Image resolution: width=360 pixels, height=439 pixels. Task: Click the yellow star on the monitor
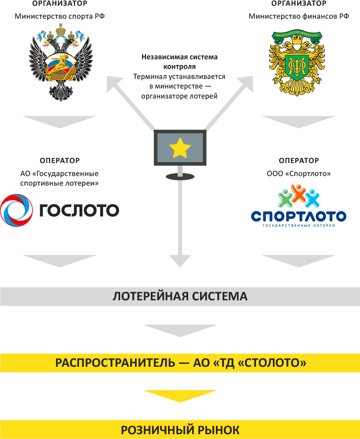(180, 148)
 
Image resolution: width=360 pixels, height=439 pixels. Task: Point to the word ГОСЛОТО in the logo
(79, 210)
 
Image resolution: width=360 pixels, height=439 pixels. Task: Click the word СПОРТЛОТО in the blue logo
(298, 216)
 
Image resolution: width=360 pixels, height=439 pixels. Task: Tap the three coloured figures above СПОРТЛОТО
(298, 196)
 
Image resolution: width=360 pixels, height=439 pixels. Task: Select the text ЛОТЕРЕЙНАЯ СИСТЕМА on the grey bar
(180, 296)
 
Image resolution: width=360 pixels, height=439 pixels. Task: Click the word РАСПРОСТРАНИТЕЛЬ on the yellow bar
(115, 363)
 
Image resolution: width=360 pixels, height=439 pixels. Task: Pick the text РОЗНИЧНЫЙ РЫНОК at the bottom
(180, 429)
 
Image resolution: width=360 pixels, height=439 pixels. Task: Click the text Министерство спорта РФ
(60, 16)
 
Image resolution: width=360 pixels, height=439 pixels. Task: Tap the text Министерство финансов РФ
(299, 16)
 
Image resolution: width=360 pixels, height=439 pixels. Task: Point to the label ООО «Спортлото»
(299, 174)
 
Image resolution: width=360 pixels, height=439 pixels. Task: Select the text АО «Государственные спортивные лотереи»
(60, 178)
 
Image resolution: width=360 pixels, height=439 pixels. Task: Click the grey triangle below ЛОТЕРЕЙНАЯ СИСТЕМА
(180, 329)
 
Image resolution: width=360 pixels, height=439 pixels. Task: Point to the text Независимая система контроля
(180, 61)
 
